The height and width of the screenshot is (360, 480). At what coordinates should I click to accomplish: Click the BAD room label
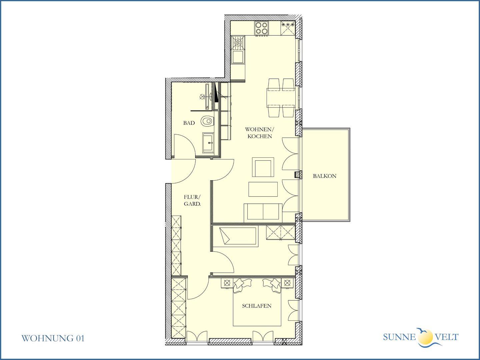[x=189, y=123]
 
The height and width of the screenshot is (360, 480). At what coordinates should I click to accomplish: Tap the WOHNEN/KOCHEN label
[x=260, y=133]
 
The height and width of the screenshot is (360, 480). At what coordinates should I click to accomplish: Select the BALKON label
[x=325, y=176]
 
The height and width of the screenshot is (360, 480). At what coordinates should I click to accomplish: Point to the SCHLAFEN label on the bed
[x=257, y=306]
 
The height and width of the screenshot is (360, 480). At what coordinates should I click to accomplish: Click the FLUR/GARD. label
[x=192, y=200]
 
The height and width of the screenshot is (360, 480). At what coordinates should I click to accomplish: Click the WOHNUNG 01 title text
[x=53, y=338]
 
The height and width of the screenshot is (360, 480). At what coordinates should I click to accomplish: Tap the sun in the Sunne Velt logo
[x=425, y=337]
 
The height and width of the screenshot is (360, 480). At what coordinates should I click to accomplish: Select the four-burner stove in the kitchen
[x=262, y=28]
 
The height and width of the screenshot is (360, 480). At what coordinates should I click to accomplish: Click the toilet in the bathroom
[x=207, y=121]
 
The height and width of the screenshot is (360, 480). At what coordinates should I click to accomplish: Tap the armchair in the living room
[x=263, y=167]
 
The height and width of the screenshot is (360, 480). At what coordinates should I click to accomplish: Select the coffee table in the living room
[x=263, y=189]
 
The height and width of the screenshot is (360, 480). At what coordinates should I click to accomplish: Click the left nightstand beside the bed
[x=227, y=283]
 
